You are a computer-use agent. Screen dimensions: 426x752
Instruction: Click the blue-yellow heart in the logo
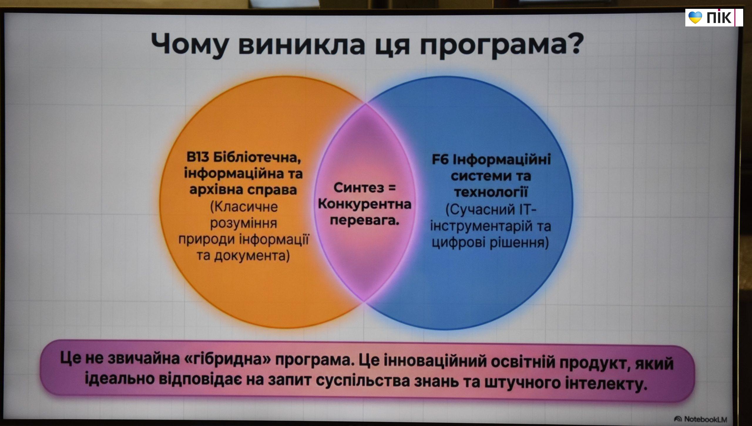[695, 17]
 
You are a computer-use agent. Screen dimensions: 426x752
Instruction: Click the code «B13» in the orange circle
[198, 157]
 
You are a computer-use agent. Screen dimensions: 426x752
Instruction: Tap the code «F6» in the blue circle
[441, 160]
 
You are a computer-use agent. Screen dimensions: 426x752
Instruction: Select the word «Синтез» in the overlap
[359, 188]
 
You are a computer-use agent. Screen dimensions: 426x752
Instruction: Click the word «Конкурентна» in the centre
[365, 204]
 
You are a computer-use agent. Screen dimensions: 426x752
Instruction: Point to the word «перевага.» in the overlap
[365, 220]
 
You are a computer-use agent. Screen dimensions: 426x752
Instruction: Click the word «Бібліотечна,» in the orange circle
[257, 158]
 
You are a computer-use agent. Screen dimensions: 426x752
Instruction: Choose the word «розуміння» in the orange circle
[244, 223]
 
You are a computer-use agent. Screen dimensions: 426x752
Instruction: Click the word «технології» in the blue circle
[491, 192]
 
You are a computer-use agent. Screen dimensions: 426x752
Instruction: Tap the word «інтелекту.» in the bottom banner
[605, 383]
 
